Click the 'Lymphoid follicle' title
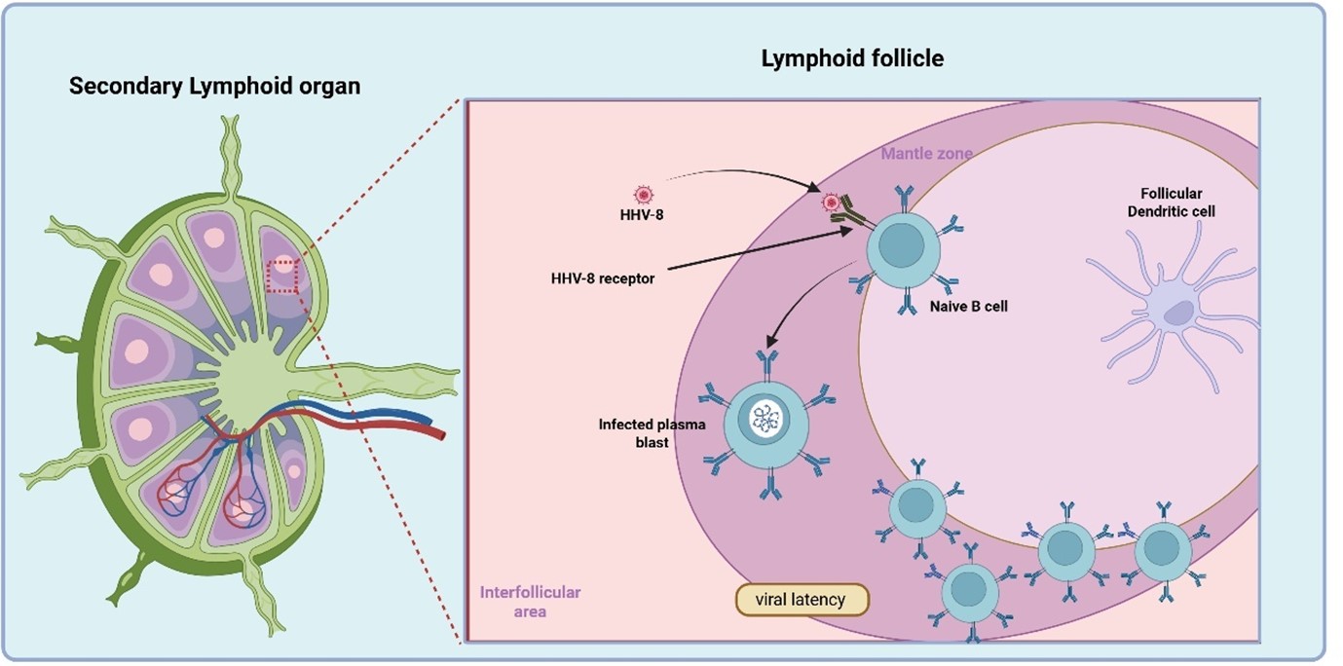tap(852, 58)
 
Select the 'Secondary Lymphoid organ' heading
tap(214, 86)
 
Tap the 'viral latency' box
tap(801, 599)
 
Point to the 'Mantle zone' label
tap(926, 154)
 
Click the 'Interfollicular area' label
tap(530, 602)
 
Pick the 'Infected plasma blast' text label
tap(638, 433)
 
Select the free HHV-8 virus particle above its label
tap(642, 194)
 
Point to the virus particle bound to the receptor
tap(831, 203)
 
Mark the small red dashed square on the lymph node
tap(281, 275)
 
